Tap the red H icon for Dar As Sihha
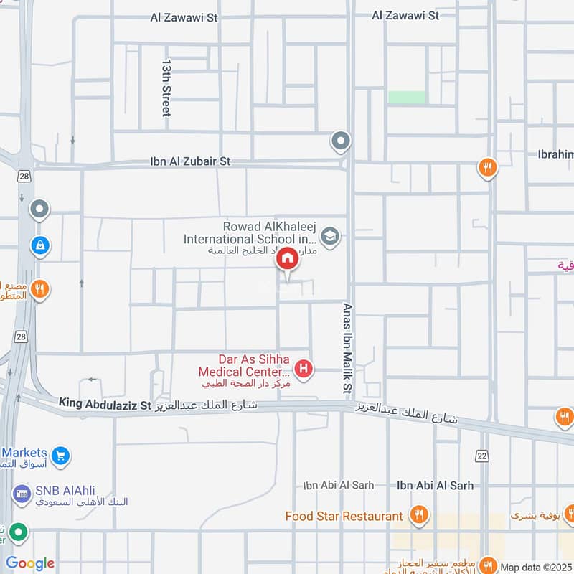(304, 370)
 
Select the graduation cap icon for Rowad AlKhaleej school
(329, 237)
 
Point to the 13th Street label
(166, 88)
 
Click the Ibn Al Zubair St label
(190, 162)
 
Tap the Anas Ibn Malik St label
(348, 347)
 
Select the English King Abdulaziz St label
(105, 405)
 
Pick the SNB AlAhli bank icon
(21, 494)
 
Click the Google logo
(30, 563)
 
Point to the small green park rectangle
(406, 97)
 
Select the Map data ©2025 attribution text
(536, 567)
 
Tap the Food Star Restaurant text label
(344, 516)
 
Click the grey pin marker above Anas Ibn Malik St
(341, 141)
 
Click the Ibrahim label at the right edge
(555, 154)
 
